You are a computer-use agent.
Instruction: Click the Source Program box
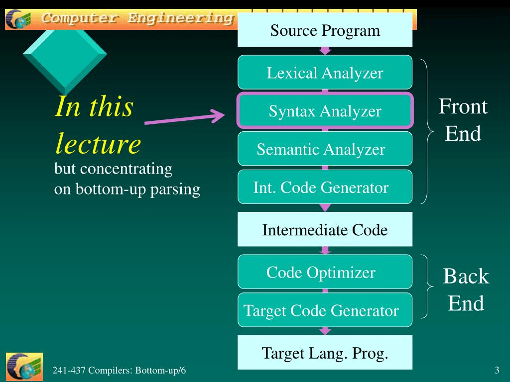coord(325,30)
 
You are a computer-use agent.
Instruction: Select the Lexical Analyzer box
coord(325,72)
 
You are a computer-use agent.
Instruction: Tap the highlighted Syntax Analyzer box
coord(325,110)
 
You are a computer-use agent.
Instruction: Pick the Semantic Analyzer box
coord(325,148)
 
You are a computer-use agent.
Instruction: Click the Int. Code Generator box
coord(325,187)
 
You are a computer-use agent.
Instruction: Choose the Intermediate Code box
coord(325,229)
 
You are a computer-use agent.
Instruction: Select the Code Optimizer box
coord(325,272)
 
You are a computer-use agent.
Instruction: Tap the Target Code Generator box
coord(325,310)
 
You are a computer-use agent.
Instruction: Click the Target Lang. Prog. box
coord(325,352)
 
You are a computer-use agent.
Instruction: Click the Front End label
coord(463,119)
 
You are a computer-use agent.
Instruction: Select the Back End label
coord(466,289)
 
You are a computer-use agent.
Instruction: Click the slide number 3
coord(497,370)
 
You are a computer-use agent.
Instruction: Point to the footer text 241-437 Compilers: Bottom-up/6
coord(119,370)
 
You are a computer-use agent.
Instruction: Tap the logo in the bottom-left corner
coord(24,367)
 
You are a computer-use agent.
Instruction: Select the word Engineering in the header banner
coord(180,18)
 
